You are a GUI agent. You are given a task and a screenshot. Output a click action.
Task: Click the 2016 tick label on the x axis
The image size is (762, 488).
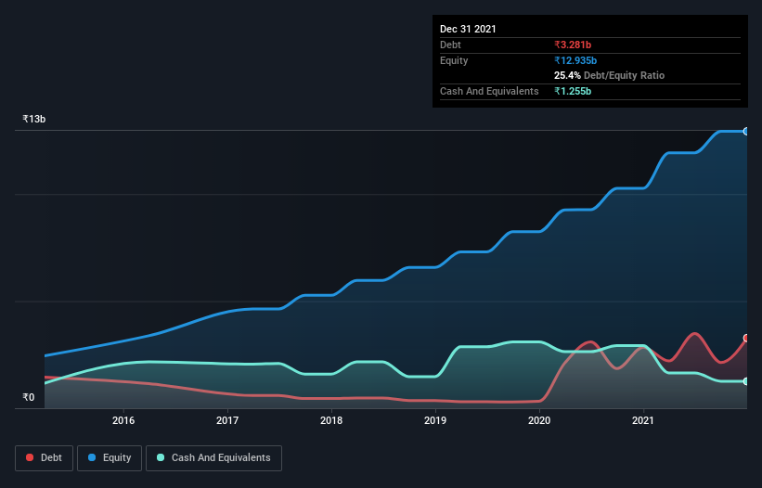(123, 420)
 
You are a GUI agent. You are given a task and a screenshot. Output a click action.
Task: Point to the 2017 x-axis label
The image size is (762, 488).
(227, 420)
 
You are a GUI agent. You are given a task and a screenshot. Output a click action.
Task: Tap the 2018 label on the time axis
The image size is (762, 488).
(331, 420)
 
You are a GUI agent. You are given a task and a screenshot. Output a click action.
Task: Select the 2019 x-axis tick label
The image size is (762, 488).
(435, 420)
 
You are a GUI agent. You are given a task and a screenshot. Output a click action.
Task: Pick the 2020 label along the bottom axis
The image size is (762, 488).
(539, 420)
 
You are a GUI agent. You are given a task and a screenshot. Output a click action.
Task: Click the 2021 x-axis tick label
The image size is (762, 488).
(643, 420)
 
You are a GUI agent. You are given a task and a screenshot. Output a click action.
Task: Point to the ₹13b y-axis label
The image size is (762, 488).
(34, 120)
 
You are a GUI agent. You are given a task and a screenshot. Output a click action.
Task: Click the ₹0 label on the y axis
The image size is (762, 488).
(29, 398)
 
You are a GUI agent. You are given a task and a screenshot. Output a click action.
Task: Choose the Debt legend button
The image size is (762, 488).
(44, 457)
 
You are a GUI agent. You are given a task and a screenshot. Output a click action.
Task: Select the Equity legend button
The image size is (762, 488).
(110, 457)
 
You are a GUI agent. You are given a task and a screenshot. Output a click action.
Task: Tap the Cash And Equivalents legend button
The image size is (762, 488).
(213, 457)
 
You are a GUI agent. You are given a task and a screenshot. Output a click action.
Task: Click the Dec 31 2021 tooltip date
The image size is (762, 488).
(468, 29)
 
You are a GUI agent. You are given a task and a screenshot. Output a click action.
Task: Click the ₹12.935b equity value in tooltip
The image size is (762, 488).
(580, 60)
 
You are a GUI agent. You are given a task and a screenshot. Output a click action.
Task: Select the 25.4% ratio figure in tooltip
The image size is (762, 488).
(566, 75)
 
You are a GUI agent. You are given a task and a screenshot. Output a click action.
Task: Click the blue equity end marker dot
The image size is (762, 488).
(746, 131)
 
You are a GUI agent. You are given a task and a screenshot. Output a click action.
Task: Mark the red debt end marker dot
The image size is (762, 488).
(746, 339)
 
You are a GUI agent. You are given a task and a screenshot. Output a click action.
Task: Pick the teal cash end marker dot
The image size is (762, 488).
(746, 381)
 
